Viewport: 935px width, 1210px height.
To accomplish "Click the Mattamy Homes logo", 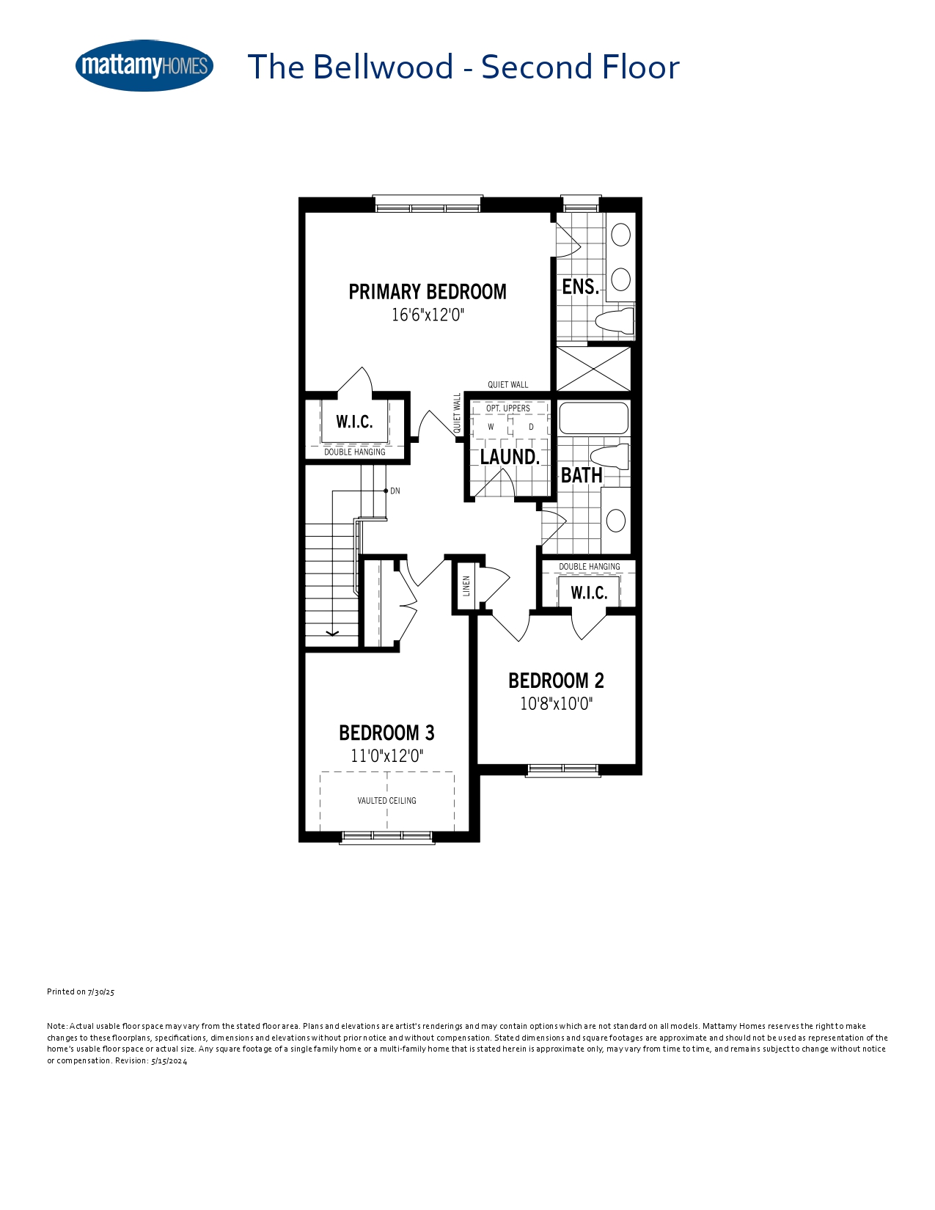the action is [144, 66].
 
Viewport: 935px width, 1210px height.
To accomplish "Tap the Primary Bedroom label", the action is [427, 292].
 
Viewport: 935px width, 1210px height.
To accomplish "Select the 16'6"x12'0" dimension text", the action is [428, 315].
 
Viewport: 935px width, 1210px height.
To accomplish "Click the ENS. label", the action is [580, 287].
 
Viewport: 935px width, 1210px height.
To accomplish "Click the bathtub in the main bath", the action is [593, 417].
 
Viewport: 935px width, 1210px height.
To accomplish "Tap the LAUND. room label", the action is [510, 457].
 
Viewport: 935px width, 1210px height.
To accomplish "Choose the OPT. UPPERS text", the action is [508, 408].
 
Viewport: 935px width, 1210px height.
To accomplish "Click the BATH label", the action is [582, 475].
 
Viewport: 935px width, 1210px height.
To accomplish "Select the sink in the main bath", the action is [616, 521].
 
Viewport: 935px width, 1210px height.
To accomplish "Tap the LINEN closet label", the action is [466, 586].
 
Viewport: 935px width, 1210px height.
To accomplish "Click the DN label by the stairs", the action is [395, 491].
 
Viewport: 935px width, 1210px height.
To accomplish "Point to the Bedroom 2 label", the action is [556, 681].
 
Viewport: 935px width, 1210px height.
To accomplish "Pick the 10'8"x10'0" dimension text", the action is [556, 704].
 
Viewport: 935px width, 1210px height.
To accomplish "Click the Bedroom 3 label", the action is [386, 733].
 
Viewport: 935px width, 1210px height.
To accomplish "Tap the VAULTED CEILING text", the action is [386, 801].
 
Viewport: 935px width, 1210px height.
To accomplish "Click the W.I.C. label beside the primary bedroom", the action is [354, 422].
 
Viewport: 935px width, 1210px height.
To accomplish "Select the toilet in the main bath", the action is [609, 457].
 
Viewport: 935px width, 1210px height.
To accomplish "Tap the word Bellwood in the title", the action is [383, 67].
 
